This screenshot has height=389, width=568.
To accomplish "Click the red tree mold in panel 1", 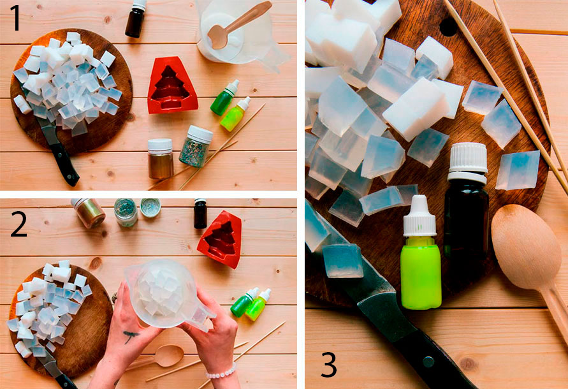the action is click(x=172, y=85).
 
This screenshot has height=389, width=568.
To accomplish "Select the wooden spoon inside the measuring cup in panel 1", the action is click(x=238, y=25).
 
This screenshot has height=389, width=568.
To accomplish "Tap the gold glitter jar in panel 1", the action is click(x=160, y=158).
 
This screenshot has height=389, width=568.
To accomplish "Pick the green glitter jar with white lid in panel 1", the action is click(x=196, y=146).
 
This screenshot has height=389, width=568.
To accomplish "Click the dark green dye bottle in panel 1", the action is click(x=224, y=98).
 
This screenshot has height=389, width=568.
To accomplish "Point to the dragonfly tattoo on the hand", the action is click(x=129, y=335).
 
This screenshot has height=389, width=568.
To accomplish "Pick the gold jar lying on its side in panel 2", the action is click(x=88, y=213).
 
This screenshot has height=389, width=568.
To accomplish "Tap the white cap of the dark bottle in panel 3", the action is click(x=467, y=162).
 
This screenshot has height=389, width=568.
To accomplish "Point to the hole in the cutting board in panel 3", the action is click(x=448, y=27).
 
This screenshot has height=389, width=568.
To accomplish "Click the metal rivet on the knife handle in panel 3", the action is click(x=428, y=362).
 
